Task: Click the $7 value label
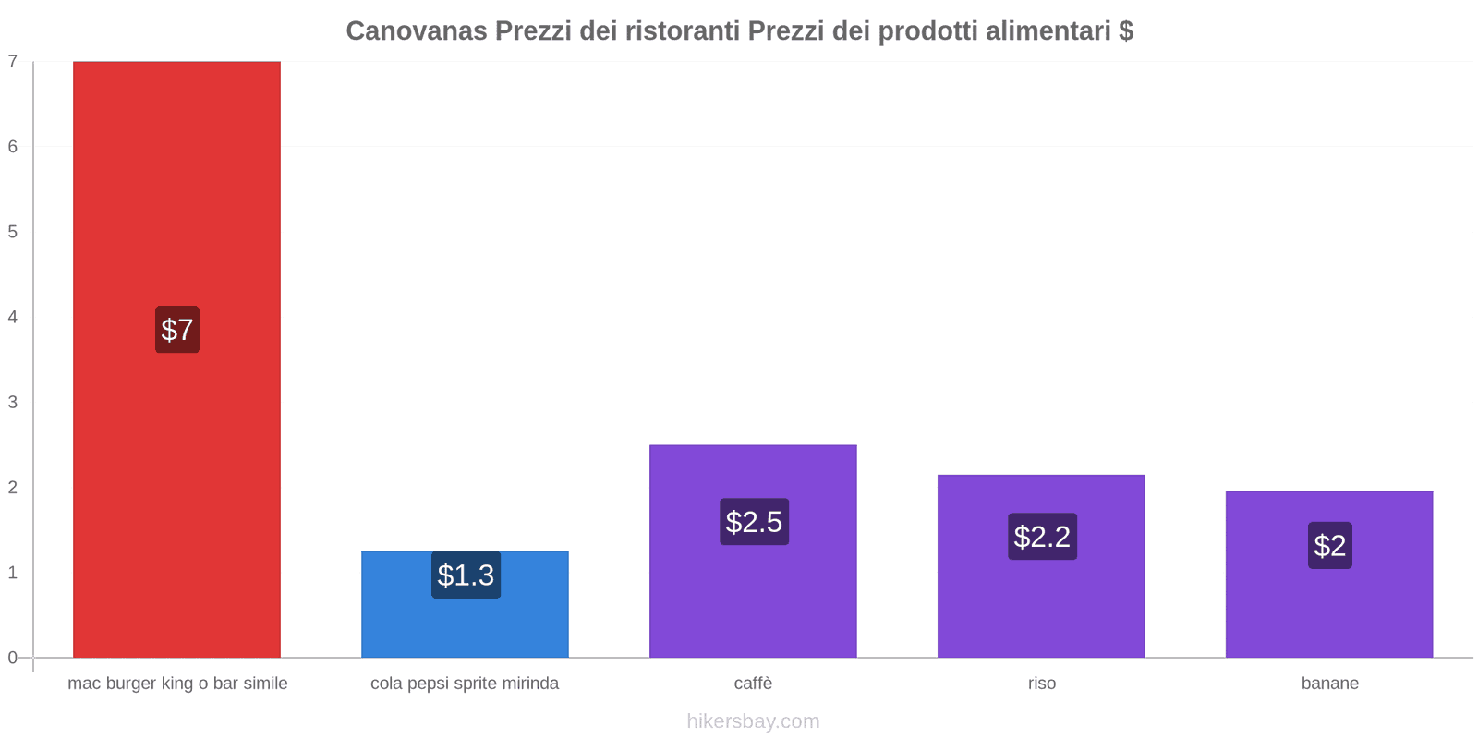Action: tap(177, 330)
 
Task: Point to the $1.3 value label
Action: tap(466, 575)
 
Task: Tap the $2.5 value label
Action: tap(754, 522)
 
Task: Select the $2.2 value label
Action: tap(1042, 537)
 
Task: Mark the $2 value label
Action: tap(1329, 546)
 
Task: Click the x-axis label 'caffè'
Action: tap(753, 684)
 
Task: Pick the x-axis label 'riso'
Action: tap(1041, 684)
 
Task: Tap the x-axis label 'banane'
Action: tap(1329, 684)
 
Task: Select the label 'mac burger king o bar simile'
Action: tap(177, 684)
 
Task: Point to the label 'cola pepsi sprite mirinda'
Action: tap(465, 684)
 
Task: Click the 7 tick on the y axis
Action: tap(13, 62)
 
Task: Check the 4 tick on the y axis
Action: tap(13, 317)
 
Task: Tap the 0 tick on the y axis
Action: tap(13, 658)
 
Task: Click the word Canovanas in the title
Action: tap(417, 31)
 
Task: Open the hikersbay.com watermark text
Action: tap(753, 721)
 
